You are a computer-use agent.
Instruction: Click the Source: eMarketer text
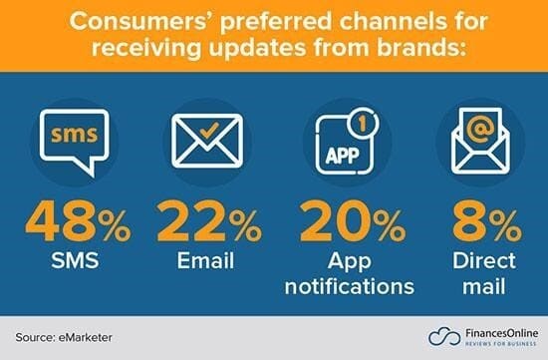pos(67,337)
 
